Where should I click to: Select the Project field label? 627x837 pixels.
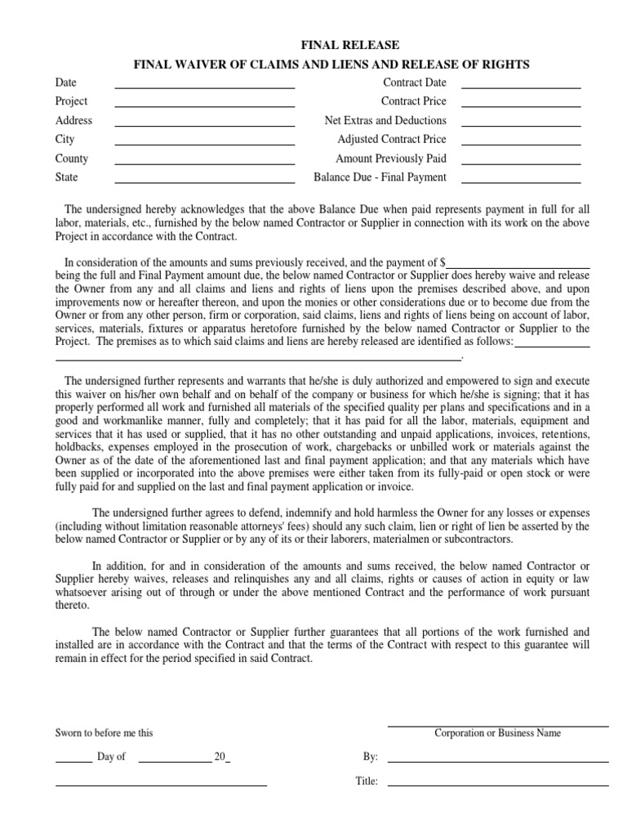71,101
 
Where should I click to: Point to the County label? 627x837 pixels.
72,159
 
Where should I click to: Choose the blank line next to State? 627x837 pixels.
204,181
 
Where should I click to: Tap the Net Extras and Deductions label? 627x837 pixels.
385,120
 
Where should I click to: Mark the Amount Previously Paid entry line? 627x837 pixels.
521,162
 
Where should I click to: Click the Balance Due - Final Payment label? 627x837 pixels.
380,177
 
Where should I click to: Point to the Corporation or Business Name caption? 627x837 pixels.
497,733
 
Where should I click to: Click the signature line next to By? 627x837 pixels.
497,760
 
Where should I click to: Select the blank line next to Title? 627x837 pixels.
497,784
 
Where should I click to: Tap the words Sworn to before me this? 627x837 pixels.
104,733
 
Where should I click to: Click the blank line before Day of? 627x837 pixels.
73,760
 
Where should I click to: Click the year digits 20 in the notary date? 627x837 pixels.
219,757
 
